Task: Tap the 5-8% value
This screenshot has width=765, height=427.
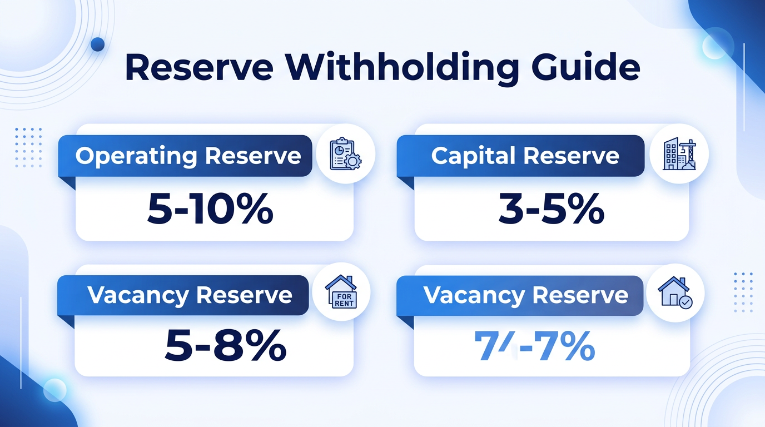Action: pos(226,346)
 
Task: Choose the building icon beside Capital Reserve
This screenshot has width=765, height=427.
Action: pos(679,155)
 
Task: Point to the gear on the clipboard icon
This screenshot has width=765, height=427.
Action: pos(353,162)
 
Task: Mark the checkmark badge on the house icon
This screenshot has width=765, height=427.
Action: pos(686,302)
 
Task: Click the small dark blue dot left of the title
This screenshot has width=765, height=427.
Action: pos(97,44)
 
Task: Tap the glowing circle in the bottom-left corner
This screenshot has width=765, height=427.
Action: pos(54,390)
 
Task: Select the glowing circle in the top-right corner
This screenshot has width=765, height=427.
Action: pos(714,47)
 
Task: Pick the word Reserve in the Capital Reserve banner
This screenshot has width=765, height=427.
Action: pos(579,156)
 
